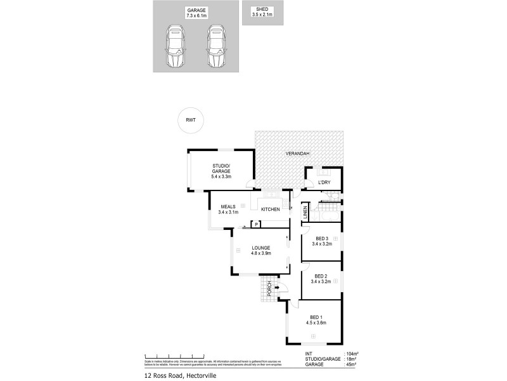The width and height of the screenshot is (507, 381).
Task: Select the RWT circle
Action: [190, 119]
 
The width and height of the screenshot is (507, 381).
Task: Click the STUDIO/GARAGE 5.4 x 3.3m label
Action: [221, 171]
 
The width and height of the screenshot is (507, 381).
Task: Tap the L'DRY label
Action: [325, 184]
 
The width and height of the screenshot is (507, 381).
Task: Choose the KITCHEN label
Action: [271, 209]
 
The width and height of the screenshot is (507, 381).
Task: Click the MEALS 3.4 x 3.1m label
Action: [228, 209]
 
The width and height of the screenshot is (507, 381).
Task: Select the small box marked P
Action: [256, 224]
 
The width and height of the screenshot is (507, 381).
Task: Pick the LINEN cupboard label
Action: [305, 213]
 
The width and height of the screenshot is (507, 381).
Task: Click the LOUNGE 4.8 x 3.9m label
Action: [260, 250]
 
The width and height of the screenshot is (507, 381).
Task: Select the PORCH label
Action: [269, 288]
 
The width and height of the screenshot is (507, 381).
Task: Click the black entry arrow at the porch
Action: [278, 288]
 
